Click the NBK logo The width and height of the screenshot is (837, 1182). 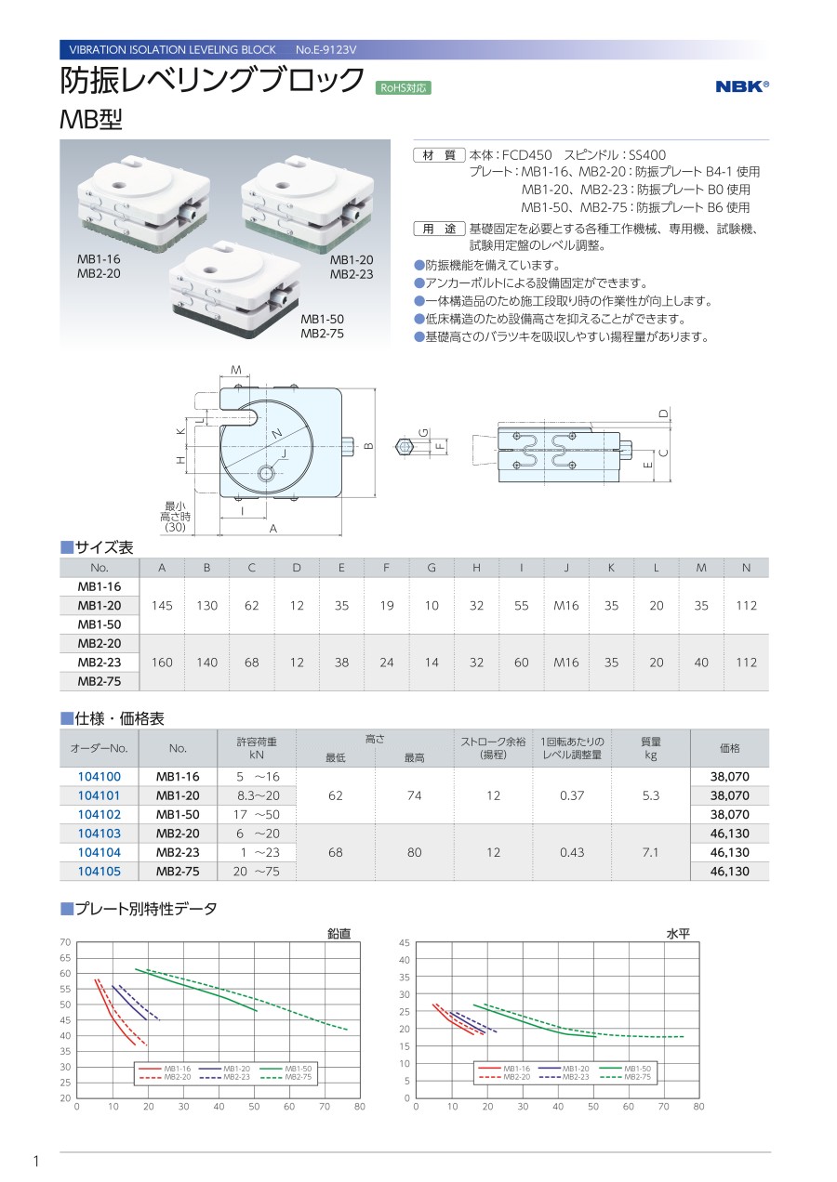tap(742, 86)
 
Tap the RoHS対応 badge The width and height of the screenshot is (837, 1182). tap(403, 88)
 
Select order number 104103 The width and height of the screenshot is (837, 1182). tap(99, 834)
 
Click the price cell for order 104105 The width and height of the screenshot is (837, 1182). tap(729, 872)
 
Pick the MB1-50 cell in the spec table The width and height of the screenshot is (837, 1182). tap(178, 814)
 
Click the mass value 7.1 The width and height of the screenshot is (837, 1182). tap(651, 852)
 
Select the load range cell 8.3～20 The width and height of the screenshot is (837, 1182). tap(258, 795)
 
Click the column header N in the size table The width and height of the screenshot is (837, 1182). tap(746, 568)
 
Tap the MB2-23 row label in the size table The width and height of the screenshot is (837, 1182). tap(100, 663)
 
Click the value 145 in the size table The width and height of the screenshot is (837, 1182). tap(162, 606)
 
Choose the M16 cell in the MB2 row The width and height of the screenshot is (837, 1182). tap(565, 663)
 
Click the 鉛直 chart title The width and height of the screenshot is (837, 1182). tap(339, 933)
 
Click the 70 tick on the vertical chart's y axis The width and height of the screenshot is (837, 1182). tap(65, 942)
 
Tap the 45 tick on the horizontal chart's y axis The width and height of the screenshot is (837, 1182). tap(404, 943)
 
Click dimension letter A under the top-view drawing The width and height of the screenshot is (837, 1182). tap(272, 528)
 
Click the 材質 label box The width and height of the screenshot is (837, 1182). tap(438, 154)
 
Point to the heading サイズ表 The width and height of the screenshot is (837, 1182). tap(97, 548)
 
